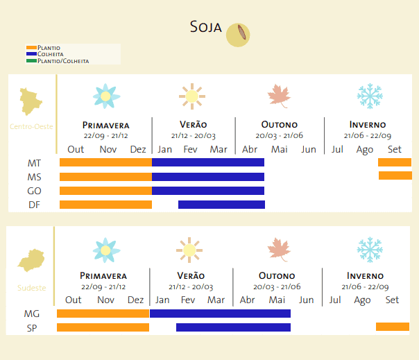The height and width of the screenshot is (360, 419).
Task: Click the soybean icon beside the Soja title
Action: [x=239, y=34]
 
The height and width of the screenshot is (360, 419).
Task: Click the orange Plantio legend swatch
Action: [x=31, y=48]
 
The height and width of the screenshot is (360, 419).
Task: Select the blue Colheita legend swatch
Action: [x=31, y=54]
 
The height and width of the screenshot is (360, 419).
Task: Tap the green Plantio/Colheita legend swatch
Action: [x=31, y=61]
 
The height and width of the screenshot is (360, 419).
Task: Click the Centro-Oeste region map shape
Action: [x=31, y=101]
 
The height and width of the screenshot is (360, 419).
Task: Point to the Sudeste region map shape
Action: [x=31, y=262]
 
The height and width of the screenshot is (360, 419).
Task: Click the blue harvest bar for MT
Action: [x=208, y=162]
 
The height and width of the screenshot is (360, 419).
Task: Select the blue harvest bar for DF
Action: [x=221, y=205]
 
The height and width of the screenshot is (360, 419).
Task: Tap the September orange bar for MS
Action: [x=395, y=175]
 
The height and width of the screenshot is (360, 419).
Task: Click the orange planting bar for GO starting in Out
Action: [x=105, y=191]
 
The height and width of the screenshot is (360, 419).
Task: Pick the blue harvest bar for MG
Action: [x=220, y=314]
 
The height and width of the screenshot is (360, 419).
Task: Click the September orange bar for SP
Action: [x=392, y=327]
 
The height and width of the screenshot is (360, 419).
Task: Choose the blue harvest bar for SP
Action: [x=233, y=327]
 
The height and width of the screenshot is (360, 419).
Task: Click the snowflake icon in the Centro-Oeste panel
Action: [x=370, y=96]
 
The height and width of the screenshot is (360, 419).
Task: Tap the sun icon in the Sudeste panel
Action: [x=189, y=250]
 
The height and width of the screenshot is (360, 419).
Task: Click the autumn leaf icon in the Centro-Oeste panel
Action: [x=279, y=96]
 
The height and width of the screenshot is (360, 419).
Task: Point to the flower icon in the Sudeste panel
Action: [x=106, y=250]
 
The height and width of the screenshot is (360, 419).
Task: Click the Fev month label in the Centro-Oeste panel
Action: [x=191, y=149]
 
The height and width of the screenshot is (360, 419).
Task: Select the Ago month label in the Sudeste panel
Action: [x=362, y=300]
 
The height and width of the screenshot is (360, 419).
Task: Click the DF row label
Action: [x=34, y=205]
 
